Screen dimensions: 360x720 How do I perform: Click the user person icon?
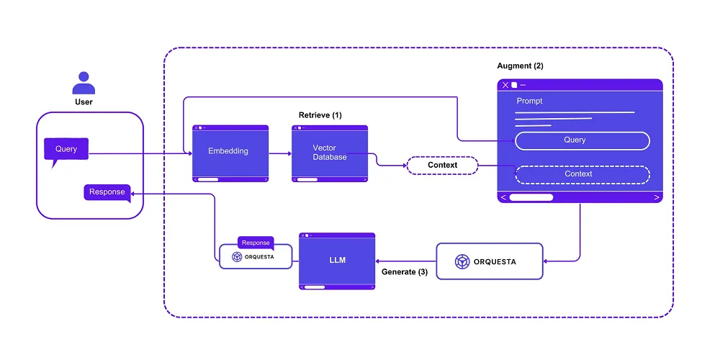(84, 83)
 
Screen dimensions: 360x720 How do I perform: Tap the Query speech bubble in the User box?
(66, 150)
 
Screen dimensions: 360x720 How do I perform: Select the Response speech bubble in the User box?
(107, 192)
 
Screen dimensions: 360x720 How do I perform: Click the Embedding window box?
(230, 152)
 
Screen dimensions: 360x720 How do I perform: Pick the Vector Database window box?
(329, 152)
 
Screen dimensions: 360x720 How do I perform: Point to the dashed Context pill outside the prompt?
(442, 166)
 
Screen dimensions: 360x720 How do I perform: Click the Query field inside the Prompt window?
(582, 140)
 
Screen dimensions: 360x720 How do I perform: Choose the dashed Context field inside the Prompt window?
(582, 174)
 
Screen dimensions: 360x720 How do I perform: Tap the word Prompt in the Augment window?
(529, 101)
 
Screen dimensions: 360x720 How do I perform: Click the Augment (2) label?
(520, 66)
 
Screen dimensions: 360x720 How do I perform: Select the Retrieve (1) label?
(320, 115)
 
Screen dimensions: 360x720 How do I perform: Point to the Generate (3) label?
(404, 272)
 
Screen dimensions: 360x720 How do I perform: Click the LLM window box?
(337, 260)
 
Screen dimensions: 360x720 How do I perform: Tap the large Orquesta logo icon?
(462, 261)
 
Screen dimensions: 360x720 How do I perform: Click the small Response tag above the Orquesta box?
(256, 243)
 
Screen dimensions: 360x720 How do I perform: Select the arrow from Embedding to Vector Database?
(279, 153)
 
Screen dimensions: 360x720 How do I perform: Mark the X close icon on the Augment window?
(505, 85)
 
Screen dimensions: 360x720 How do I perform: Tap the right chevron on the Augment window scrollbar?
(656, 197)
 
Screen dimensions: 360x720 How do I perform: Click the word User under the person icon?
(84, 102)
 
